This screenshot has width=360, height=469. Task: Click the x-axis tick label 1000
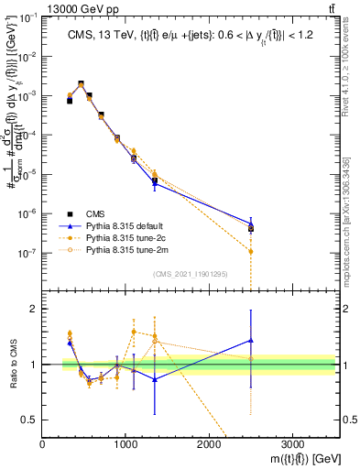tap(125, 442)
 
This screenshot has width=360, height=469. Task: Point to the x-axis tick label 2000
tap(209, 442)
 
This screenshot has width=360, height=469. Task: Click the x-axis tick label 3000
tap(292, 442)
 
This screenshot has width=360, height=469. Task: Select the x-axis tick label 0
tap(43, 442)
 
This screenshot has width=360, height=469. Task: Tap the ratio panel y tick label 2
tap(34, 309)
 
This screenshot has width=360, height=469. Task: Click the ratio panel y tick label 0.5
tap(30, 420)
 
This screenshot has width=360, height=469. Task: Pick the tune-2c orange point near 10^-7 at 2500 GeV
tap(251, 251)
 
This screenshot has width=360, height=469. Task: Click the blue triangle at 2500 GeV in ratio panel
tap(251, 340)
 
